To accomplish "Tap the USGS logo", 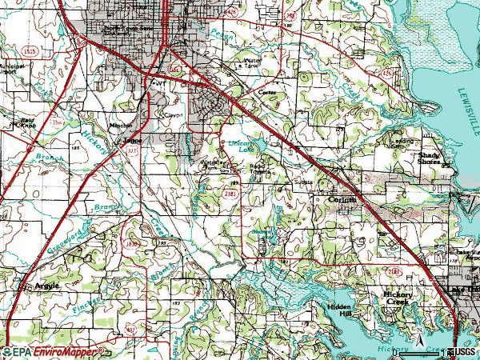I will point(463,352).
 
